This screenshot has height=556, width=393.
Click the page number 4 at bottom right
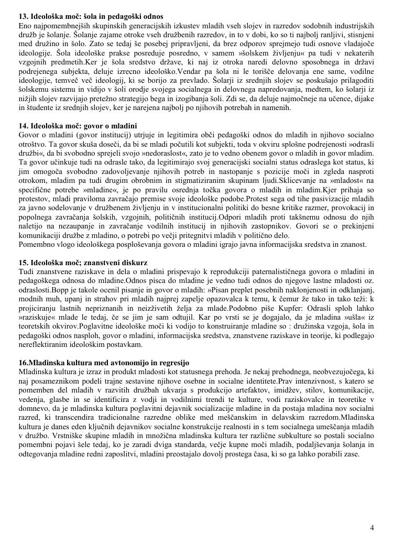pos(372,528)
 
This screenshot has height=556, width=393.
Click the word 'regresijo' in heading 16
pos(173,363)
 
